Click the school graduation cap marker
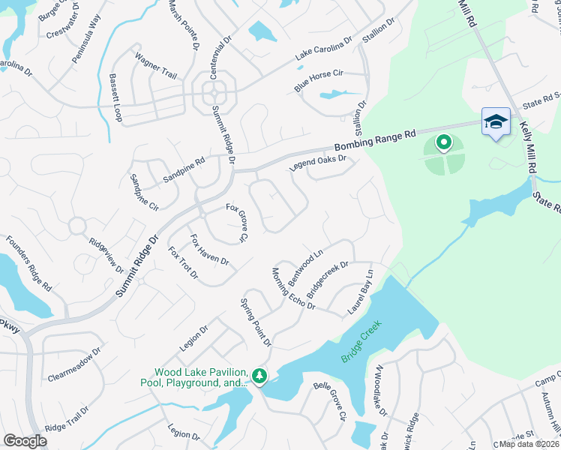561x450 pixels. pyautogui.click(x=496, y=121)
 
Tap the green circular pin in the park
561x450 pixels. pyautogui.click(x=443, y=141)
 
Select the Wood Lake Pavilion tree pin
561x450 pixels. pyautogui.click(x=259, y=375)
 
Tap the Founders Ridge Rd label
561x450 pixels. pyautogui.click(x=28, y=264)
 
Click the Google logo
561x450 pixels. pyautogui.click(x=25, y=441)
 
